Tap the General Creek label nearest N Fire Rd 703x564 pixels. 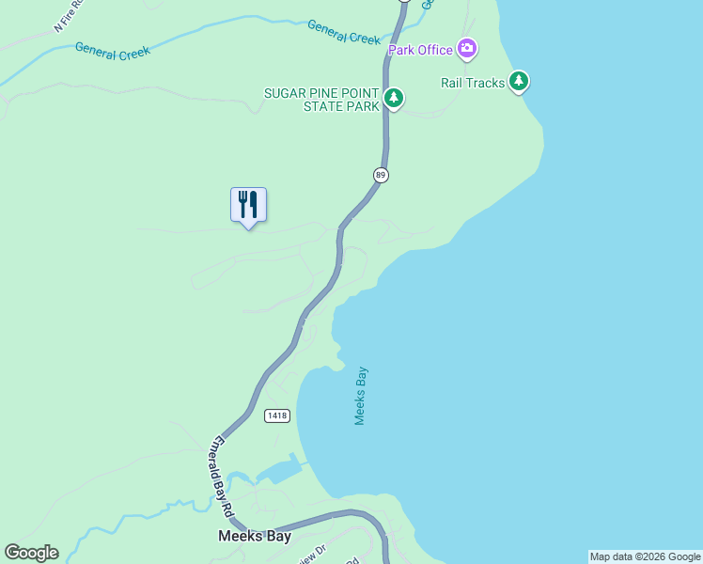[x=112, y=53]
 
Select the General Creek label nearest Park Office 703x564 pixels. [x=343, y=31]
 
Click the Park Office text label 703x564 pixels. [x=421, y=49]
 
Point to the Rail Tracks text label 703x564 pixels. [x=473, y=83]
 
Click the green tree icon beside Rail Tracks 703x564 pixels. [x=519, y=82]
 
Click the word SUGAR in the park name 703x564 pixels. [x=284, y=93]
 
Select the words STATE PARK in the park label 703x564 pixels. [x=341, y=106]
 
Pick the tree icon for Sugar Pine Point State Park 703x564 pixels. [x=394, y=98]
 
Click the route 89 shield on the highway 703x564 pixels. [x=381, y=175]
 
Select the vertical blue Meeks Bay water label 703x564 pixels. [x=360, y=396]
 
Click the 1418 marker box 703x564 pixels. [x=277, y=415]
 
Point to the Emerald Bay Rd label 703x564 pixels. [x=222, y=477]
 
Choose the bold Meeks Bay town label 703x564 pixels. [x=254, y=537]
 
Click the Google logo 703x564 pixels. [x=31, y=553]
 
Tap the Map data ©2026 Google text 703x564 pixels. [x=645, y=556]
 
